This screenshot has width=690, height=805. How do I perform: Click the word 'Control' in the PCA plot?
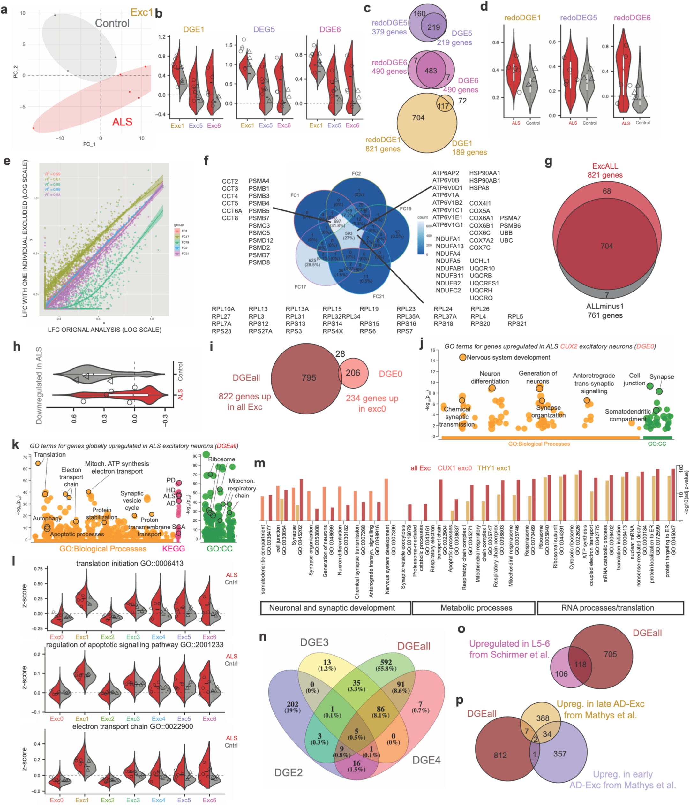pos(112,23)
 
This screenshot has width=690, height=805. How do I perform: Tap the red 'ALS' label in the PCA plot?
pos(122,122)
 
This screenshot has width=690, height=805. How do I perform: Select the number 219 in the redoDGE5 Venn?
pos(433,27)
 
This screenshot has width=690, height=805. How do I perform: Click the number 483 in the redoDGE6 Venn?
pos(431,71)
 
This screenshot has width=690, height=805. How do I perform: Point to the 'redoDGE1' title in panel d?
pos(522,18)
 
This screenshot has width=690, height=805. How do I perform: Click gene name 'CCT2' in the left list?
pos(230,181)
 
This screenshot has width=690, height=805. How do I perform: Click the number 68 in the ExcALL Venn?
pos(606,191)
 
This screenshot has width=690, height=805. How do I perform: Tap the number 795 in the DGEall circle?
pos(309,378)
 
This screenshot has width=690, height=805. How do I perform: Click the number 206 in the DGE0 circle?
pos(353,373)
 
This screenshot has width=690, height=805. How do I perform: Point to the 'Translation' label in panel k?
pos(50,455)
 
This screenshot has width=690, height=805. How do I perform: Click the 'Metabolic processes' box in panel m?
pos(476,608)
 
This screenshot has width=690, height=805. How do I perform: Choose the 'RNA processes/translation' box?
pos(607,608)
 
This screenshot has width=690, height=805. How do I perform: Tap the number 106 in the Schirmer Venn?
pos(561,674)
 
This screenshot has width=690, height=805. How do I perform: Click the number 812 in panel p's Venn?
pos(500,755)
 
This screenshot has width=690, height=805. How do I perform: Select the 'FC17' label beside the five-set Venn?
pos(300,287)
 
